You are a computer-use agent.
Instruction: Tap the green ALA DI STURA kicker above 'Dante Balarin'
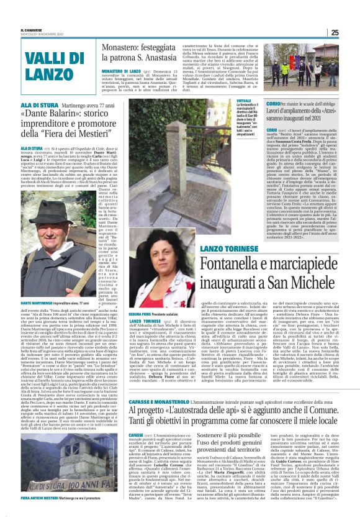[x=38, y=107]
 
